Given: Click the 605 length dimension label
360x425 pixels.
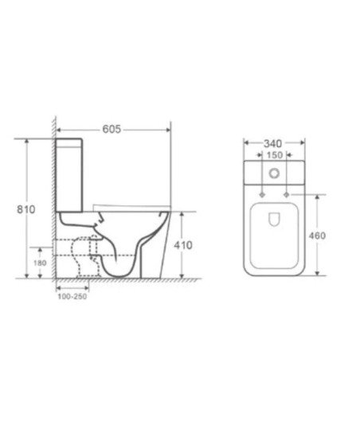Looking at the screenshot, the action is (x=112, y=129).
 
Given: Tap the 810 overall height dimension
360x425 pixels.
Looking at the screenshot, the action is (x=26, y=209).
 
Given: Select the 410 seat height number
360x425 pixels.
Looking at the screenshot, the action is (x=183, y=245).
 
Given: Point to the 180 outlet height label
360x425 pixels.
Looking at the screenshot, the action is (x=40, y=263).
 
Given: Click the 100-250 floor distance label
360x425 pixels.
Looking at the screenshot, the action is (x=72, y=296).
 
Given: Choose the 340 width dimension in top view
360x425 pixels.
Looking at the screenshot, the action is (x=272, y=143).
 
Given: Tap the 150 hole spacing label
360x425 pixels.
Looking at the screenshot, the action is (x=275, y=155).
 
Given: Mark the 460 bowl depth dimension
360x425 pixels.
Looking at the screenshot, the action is (x=317, y=236).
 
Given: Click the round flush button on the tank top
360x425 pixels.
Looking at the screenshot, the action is (x=274, y=173).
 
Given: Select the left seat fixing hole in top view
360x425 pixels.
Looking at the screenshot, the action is (x=262, y=195).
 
